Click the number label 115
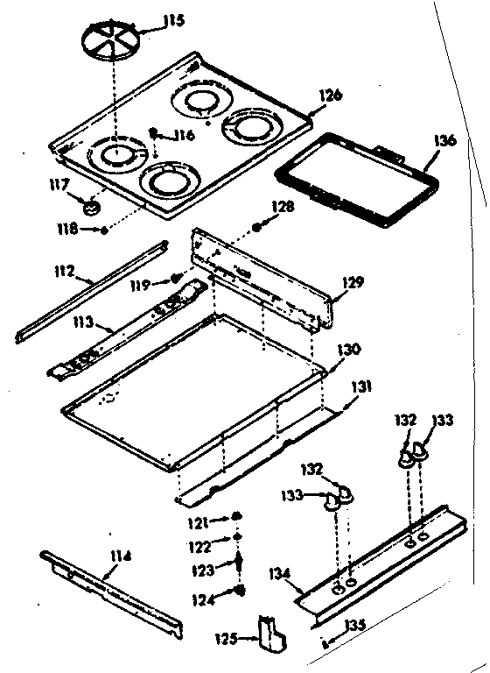click(174, 19)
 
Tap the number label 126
click(330, 95)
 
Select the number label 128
click(283, 207)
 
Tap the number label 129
click(353, 282)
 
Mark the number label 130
click(348, 348)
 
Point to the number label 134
click(279, 574)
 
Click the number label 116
click(183, 135)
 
